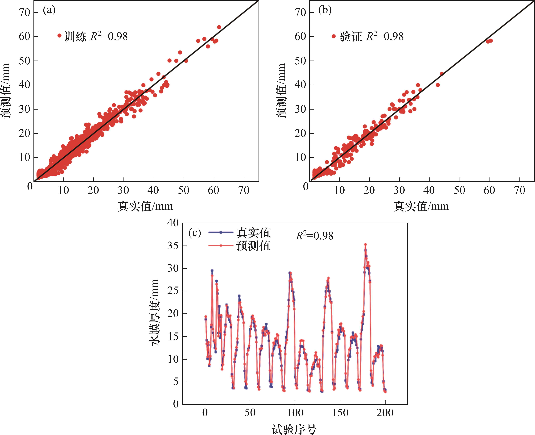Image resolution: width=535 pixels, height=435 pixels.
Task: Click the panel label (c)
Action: tap(195, 233)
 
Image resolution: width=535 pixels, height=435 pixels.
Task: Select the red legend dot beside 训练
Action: tap(59, 36)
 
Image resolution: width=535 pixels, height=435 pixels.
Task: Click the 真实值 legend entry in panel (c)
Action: tap(253, 233)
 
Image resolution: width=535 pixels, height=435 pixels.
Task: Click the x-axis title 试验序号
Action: tap(294, 429)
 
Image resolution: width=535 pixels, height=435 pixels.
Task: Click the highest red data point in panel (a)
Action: tap(219, 27)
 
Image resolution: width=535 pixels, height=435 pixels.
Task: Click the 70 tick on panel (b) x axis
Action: tap(519, 190)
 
